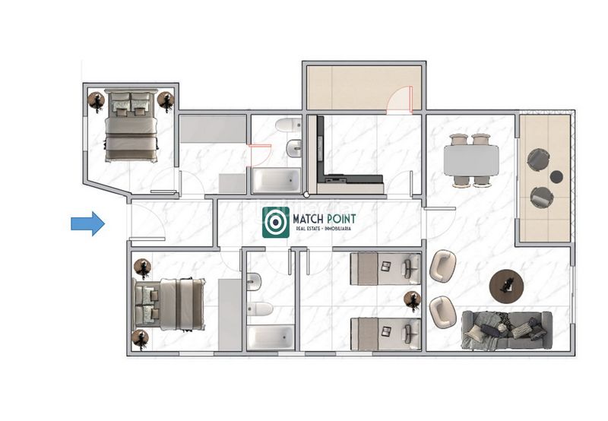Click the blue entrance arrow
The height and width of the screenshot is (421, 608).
pos(87,223)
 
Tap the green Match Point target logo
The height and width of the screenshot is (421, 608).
pos(276,222)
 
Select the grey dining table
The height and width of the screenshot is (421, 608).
pos(471,160)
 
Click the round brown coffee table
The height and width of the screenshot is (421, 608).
pos(506,286)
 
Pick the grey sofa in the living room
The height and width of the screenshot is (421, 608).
pos(507,331)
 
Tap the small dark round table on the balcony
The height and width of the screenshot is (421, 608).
pos(556,177)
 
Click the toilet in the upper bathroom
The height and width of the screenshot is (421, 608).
pos(289,125)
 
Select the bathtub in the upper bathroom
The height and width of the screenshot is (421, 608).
pos(276,180)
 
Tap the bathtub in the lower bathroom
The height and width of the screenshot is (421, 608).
pos(271,337)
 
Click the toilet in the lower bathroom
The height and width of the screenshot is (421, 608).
pos(260,309)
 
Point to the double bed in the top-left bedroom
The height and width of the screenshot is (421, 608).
pos(131,125)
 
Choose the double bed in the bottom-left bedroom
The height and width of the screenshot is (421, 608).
pos(169,304)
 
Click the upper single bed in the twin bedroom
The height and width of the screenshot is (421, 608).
pos(385,269)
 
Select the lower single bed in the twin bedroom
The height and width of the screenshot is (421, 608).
pos(385,334)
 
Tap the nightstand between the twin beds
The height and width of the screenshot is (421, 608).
pos(412,300)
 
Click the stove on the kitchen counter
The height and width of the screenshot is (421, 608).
pos(336,179)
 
